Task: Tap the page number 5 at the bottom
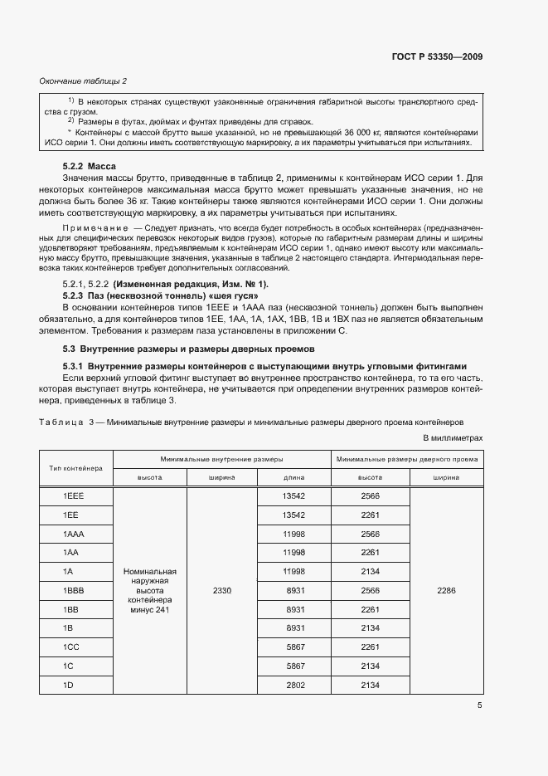[x=479, y=706]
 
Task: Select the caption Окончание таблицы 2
[x=83, y=81]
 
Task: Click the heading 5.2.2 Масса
[x=90, y=167]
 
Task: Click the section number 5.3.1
[x=75, y=366]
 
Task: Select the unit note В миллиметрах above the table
[x=453, y=437]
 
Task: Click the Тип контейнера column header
[x=76, y=468]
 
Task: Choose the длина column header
[x=294, y=477]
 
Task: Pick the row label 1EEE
[x=75, y=495]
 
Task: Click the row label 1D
[x=69, y=685]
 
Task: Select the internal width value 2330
[x=222, y=590]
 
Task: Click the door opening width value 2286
[x=446, y=590]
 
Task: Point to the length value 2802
[x=294, y=685]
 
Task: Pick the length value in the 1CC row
[x=294, y=647]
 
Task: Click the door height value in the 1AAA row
[x=370, y=534]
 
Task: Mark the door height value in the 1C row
[x=370, y=666]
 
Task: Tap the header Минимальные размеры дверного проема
[x=407, y=458]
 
